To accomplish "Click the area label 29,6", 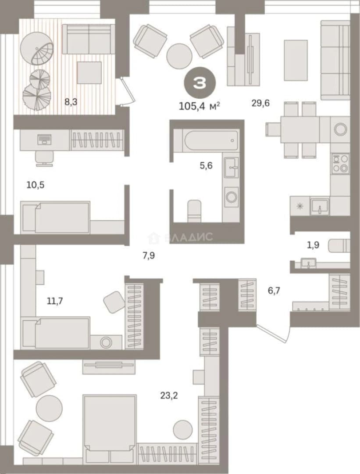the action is click(x=260, y=104).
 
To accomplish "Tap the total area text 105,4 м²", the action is click(x=200, y=106).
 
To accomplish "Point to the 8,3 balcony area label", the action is click(x=71, y=102).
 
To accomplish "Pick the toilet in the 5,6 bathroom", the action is click(x=195, y=211).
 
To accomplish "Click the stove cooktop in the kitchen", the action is click(x=340, y=164).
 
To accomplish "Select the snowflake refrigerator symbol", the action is click(x=300, y=206).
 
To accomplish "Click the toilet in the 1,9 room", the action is click(x=340, y=245).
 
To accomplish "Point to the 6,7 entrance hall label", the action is click(x=274, y=291).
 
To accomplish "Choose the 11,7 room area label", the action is click(x=55, y=301).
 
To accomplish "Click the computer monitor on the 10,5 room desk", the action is click(x=44, y=139).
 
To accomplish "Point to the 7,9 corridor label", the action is click(x=149, y=256).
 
